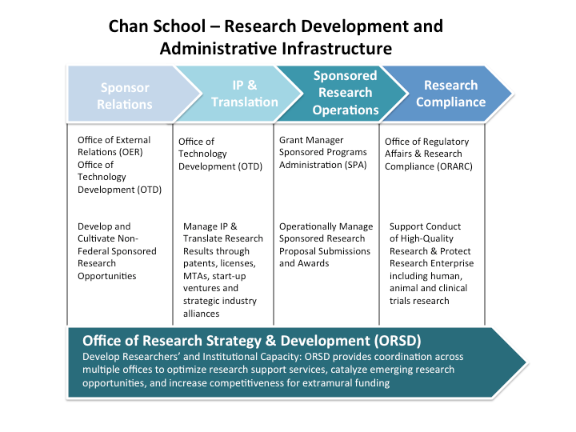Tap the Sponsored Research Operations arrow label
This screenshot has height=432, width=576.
(x=345, y=93)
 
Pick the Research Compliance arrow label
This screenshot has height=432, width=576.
(x=450, y=94)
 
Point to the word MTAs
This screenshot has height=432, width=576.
(x=198, y=276)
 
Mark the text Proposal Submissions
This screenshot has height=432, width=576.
(x=325, y=251)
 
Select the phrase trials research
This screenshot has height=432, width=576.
(x=419, y=301)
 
